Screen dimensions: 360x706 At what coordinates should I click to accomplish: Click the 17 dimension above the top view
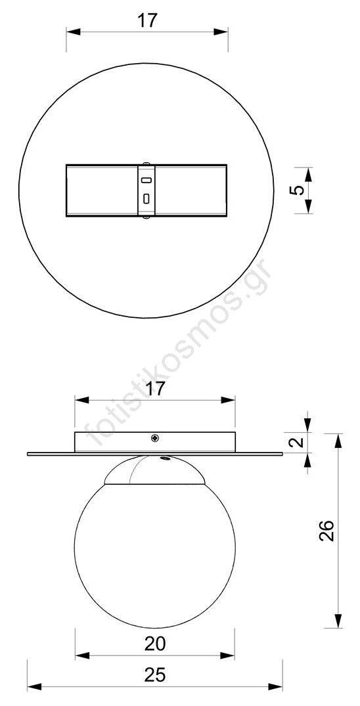click(147, 21)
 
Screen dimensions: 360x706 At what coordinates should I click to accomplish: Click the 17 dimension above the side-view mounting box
click(155, 388)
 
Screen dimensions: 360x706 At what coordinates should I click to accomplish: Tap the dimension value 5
click(298, 190)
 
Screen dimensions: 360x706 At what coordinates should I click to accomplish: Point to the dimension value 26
click(326, 531)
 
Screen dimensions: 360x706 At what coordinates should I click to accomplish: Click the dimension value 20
click(155, 644)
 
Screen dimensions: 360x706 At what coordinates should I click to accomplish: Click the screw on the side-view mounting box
click(155, 437)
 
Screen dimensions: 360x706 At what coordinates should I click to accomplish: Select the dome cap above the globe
click(154, 470)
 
